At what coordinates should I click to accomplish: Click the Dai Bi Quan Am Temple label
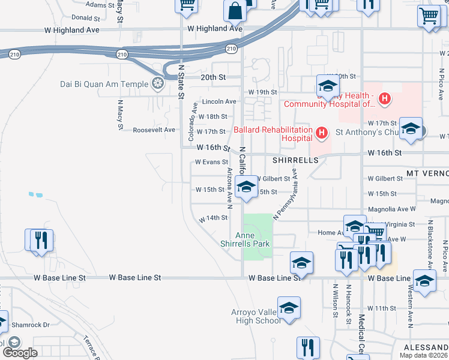click(x=104, y=84)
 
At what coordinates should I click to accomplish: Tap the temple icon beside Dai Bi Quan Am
click(x=158, y=83)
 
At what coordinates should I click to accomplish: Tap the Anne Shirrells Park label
click(x=253, y=239)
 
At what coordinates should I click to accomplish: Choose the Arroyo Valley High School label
click(x=256, y=316)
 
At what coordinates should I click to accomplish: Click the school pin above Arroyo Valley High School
click(x=289, y=308)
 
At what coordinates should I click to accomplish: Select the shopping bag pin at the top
click(x=234, y=11)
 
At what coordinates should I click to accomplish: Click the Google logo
click(x=20, y=353)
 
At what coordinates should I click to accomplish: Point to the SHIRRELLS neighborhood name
click(x=295, y=161)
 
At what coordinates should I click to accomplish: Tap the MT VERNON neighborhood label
click(x=427, y=173)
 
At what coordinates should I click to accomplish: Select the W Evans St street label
click(x=211, y=162)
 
